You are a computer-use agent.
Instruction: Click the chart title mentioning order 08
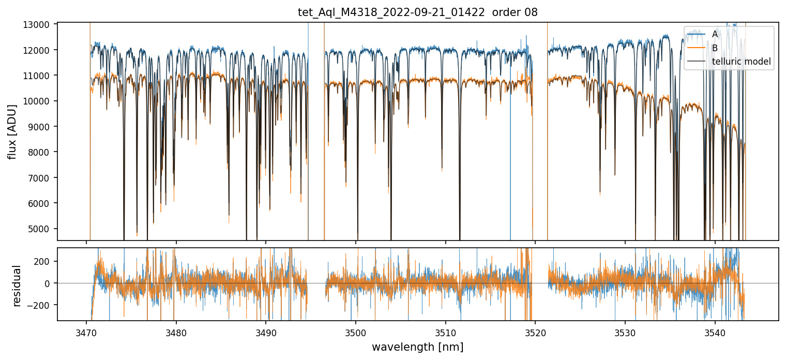pyautogui.click(x=418, y=12)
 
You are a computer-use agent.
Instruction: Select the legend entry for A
pyautogui.click(x=715, y=34)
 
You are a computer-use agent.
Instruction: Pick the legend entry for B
pyautogui.click(x=715, y=48)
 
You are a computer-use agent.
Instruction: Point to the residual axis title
pyautogui.click(x=17, y=286)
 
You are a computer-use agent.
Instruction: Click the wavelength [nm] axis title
pyautogui.click(x=417, y=347)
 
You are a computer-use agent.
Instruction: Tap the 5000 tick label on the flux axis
pyautogui.click(x=40, y=229)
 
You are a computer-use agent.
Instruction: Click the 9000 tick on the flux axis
pyautogui.click(x=40, y=127)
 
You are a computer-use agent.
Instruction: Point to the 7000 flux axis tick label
pyautogui.click(x=40, y=178)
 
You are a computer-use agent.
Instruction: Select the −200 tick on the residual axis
pyautogui.click(x=40, y=305)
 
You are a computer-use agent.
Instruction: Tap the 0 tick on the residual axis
pyautogui.click(x=50, y=283)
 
